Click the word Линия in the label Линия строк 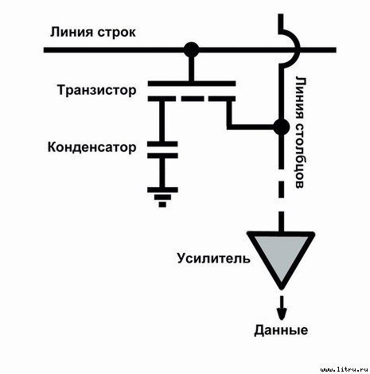click(x=68, y=33)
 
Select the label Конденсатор click(x=92, y=147)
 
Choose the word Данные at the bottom click(x=279, y=329)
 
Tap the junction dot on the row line click(x=191, y=50)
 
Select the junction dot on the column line click(x=280, y=127)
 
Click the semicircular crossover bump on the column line click(x=290, y=48)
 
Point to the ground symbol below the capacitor click(x=163, y=193)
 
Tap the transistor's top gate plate click(x=191, y=83)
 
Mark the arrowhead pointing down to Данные click(x=280, y=312)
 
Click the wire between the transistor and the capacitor click(x=163, y=119)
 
